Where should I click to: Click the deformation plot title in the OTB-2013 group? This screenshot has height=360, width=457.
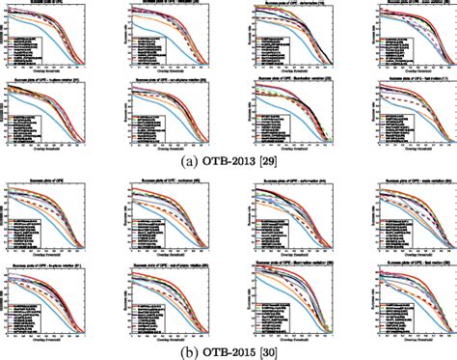[x=290, y=6]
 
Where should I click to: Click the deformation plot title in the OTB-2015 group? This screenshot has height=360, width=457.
[x=290, y=184]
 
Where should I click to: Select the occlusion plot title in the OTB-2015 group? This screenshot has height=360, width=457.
[x=175, y=184]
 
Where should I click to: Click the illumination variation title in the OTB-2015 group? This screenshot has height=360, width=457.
[x=290, y=262]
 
